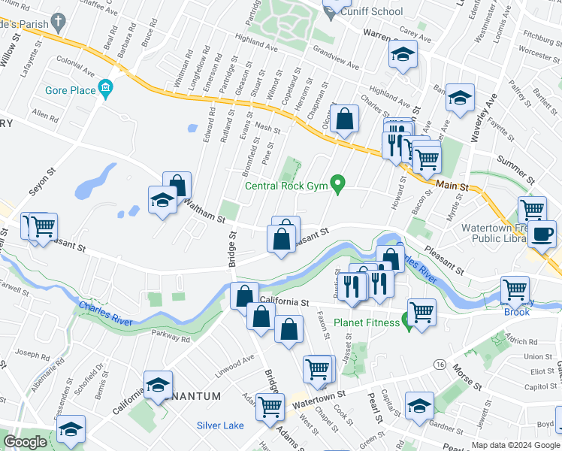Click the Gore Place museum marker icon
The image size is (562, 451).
(x=104, y=90)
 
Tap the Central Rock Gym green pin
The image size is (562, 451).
(x=338, y=183)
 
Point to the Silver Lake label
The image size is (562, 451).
(x=220, y=425)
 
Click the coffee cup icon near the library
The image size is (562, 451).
(x=541, y=234)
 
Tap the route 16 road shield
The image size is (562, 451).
(x=439, y=364)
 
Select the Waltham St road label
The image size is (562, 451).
(x=205, y=211)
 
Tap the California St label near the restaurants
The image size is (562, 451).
(x=285, y=302)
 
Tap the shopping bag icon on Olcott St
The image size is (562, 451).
(x=343, y=120)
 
